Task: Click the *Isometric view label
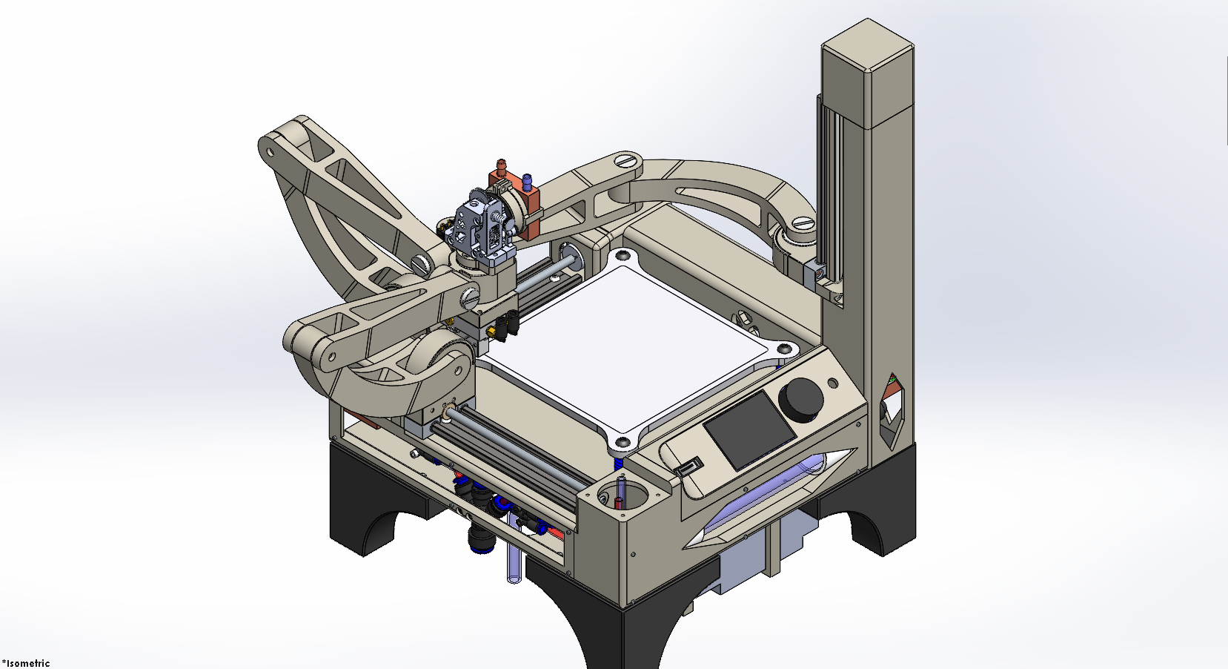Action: (26, 663)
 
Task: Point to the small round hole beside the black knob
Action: (833, 383)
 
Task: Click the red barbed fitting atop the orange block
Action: (502, 166)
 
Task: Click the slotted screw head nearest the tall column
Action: (804, 224)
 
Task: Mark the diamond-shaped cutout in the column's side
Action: (892, 412)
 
